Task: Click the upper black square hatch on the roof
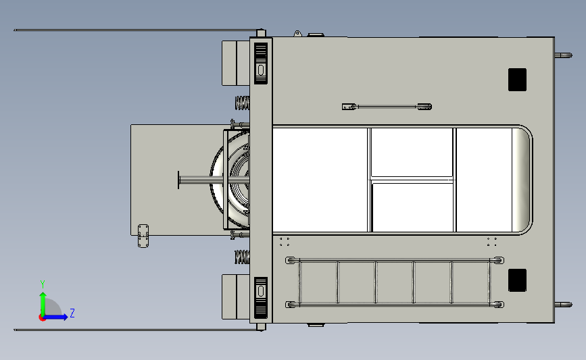click(x=517, y=80)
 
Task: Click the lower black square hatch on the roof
click(x=517, y=280)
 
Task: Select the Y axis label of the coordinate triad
click(x=43, y=284)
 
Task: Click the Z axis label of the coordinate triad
click(x=72, y=313)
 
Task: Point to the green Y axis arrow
click(x=43, y=304)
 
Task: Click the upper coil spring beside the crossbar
click(x=242, y=103)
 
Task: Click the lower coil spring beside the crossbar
click(x=242, y=257)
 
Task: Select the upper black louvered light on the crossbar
click(x=261, y=63)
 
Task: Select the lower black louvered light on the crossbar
click(x=261, y=298)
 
